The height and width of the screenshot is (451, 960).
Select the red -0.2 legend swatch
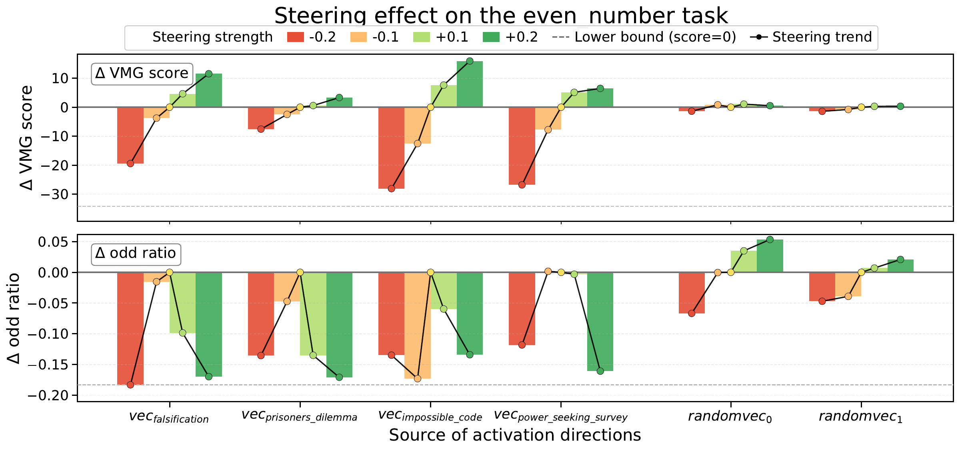(296, 37)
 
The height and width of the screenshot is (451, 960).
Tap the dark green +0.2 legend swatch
(492, 37)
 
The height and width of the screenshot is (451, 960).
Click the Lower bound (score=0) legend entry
(644, 37)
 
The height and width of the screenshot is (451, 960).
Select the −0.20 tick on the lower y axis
(50, 395)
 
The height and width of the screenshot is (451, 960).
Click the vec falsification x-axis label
(169, 417)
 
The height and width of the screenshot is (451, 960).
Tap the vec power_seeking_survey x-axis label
(561, 416)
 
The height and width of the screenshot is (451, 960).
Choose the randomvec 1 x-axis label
(861, 417)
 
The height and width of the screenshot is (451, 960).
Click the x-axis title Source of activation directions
(515, 435)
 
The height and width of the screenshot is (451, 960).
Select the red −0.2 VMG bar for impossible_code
(391, 148)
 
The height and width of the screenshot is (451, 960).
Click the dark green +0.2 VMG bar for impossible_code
(470, 84)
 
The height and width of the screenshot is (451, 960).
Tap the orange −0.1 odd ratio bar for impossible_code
(418, 325)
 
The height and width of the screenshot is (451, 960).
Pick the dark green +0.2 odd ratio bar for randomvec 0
(770, 256)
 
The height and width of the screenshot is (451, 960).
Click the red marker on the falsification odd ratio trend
(130, 385)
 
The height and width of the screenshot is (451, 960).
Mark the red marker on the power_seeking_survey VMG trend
(522, 185)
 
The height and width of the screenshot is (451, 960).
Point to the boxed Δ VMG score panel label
(142, 74)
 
